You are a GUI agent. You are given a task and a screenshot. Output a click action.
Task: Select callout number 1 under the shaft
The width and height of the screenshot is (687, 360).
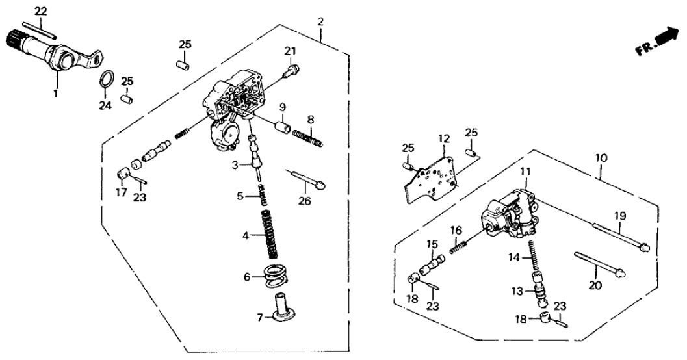pyautogui.click(x=56, y=94)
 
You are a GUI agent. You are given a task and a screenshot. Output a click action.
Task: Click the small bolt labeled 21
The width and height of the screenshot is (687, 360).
pyautogui.click(x=292, y=68)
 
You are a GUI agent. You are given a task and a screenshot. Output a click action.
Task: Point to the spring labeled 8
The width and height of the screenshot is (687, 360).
pyautogui.click(x=307, y=137)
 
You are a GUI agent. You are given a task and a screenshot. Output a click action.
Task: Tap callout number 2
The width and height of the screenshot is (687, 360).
pyautogui.click(x=320, y=21)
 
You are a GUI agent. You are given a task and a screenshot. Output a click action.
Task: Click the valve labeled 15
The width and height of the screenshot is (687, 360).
pyautogui.click(x=434, y=264)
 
